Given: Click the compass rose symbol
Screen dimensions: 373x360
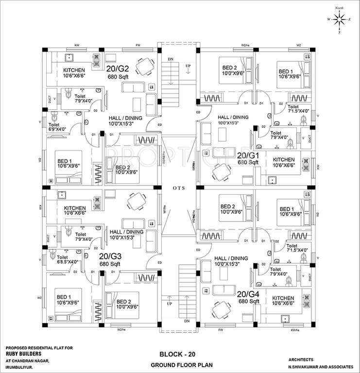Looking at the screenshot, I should [x=340, y=19].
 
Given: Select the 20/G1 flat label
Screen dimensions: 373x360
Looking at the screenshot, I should [x=248, y=155].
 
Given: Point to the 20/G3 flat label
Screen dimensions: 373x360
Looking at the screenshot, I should [x=110, y=255].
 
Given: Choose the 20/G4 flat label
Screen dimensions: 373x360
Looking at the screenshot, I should [x=248, y=294].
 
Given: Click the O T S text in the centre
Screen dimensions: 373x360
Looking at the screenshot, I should [x=177, y=187].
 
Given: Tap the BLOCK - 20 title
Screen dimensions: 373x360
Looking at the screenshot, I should [x=179, y=355].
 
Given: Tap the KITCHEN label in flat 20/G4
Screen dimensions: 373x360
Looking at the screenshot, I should [x=283, y=298].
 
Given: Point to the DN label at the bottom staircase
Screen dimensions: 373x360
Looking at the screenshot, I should [x=187, y=322].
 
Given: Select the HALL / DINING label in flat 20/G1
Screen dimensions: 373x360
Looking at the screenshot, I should [x=233, y=117].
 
